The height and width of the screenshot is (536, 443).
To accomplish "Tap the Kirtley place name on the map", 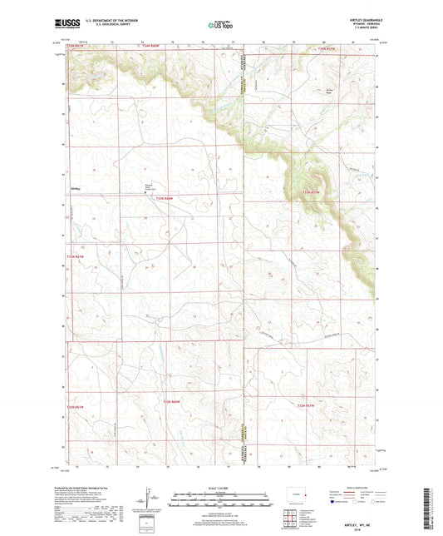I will tap(76, 186).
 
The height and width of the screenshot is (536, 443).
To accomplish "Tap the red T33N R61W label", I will tap(75, 256).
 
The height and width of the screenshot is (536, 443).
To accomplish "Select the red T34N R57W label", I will tap(329, 52).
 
